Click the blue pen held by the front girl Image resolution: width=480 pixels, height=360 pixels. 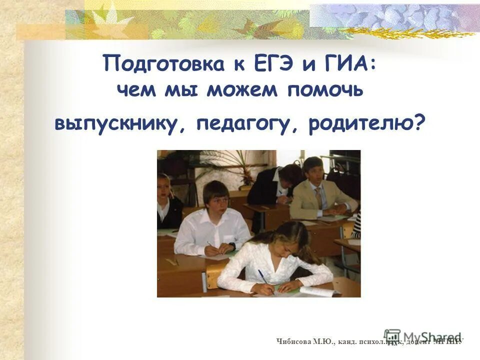pyautogui.click(x=264, y=279)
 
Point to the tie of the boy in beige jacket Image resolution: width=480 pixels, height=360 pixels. pyautogui.click(x=318, y=198)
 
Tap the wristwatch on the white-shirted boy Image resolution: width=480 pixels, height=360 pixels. pyautogui.click(x=232, y=246)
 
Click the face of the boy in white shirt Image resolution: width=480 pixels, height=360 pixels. pyautogui.click(x=216, y=198)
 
